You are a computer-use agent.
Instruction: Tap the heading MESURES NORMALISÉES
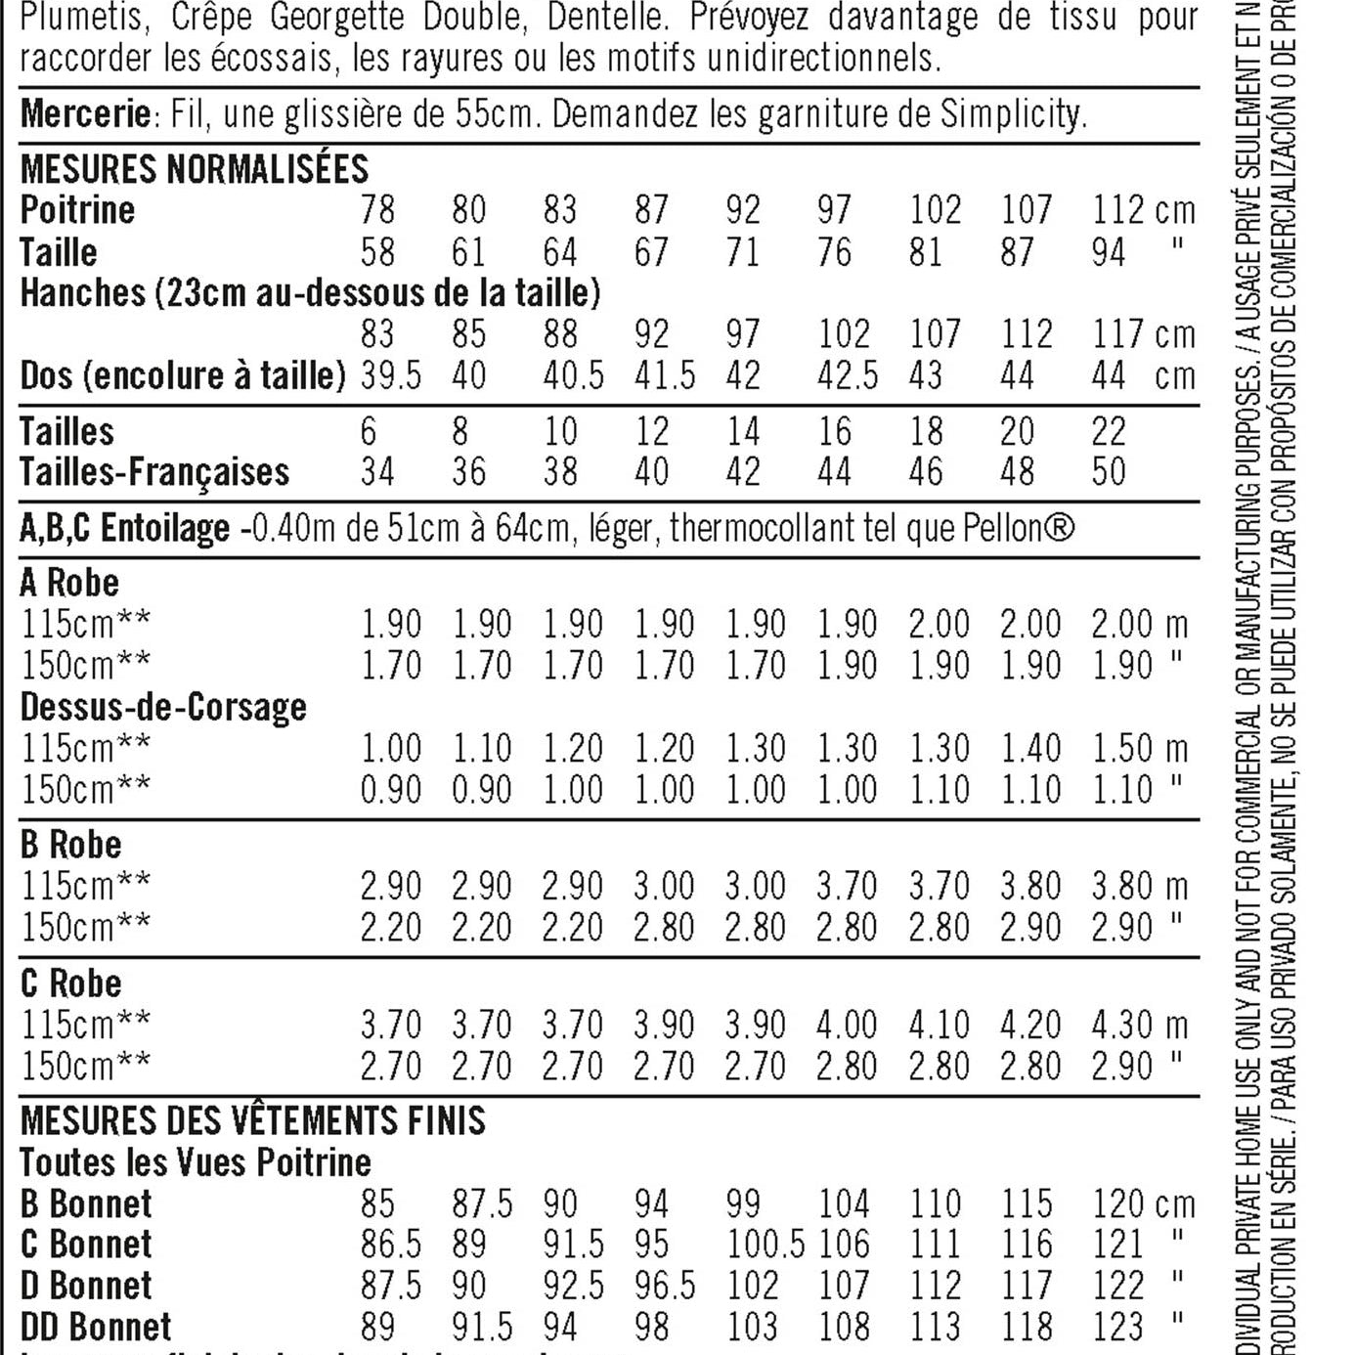[195, 169]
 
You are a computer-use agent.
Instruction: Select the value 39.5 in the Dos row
[390, 375]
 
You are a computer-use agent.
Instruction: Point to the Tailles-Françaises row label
[154, 472]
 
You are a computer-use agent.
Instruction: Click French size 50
[1109, 472]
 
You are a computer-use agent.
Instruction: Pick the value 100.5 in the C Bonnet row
[765, 1245]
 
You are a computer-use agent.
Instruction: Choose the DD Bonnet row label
[96, 1327]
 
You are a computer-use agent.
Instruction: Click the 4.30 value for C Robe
[1121, 1025]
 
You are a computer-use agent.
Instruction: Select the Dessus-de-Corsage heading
[163, 707]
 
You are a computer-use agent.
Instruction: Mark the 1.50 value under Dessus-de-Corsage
[1121, 749]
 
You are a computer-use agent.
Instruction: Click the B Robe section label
[70, 845]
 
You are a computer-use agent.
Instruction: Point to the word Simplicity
[1013, 114]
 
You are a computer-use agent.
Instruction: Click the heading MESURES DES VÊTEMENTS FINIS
[252, 1120]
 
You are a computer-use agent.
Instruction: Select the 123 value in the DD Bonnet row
[1117, 1327]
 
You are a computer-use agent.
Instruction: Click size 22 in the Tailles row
[1109, 431]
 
